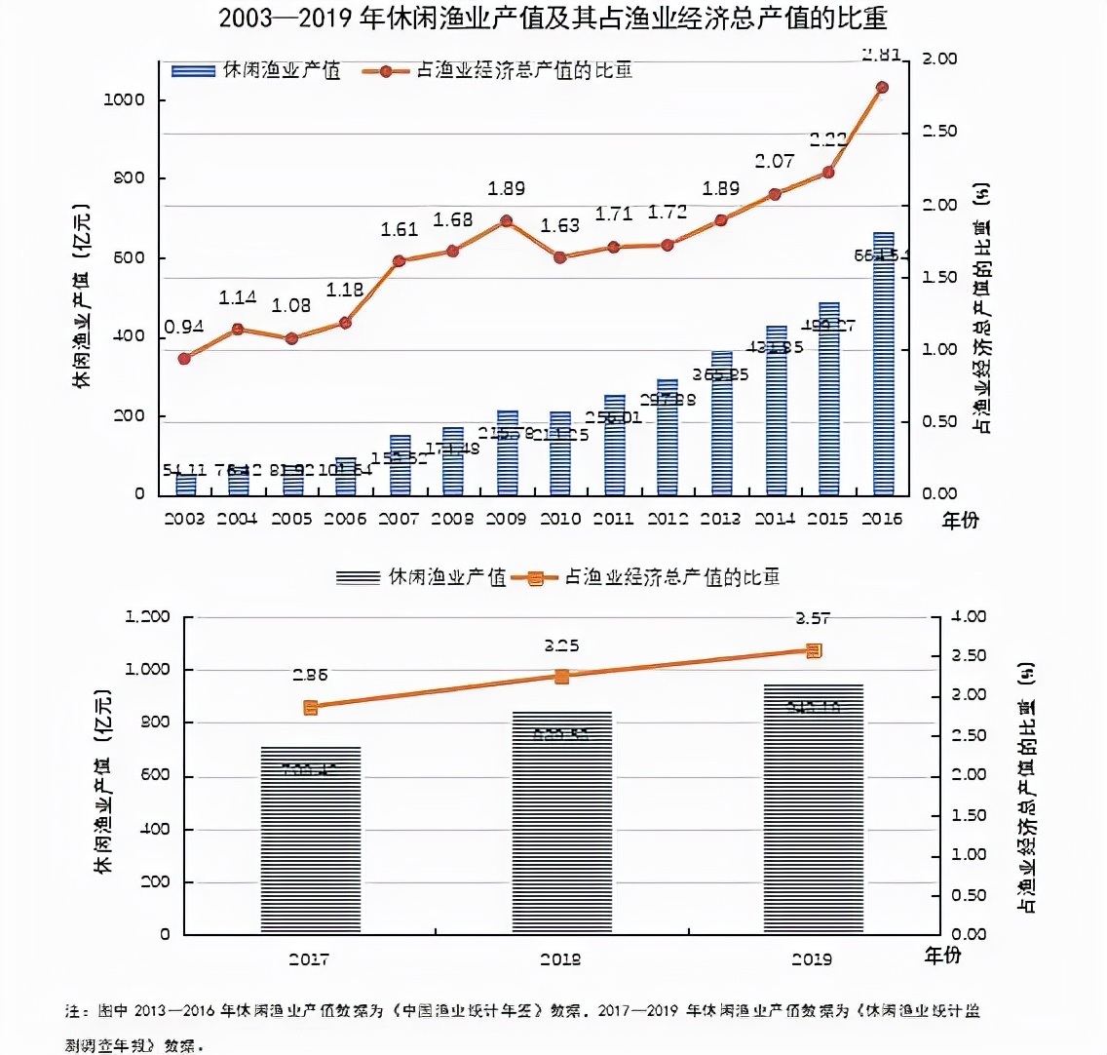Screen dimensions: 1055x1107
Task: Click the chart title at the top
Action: (x=553, y=19)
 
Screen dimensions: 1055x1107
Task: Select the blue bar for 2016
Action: (x=883, y=366)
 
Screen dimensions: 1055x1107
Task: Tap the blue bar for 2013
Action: (x=721, y=424)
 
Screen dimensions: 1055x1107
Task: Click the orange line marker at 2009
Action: (x=506, y=221)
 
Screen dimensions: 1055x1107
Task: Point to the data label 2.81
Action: (x=881, y=55)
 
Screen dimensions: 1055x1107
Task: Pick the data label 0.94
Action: (x=183, y=327)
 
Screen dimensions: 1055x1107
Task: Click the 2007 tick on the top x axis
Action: (x=398, y=519)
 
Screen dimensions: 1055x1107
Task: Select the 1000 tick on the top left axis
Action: (x=125, y=100)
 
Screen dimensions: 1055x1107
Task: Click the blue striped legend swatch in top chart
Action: (x=192, y=71)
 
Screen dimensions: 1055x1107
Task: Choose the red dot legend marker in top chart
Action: (x=386, y=71)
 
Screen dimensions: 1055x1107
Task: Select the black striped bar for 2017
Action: (x=310, y=840)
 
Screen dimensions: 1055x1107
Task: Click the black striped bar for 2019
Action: (x=814, y=809)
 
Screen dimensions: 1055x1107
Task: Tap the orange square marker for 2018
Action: (x=562, y=677)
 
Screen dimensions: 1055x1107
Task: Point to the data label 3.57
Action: (x=813, y=618)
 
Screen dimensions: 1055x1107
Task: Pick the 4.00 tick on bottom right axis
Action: (x=969, y=616)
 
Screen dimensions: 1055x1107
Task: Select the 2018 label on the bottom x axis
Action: (x=560, y=959)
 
